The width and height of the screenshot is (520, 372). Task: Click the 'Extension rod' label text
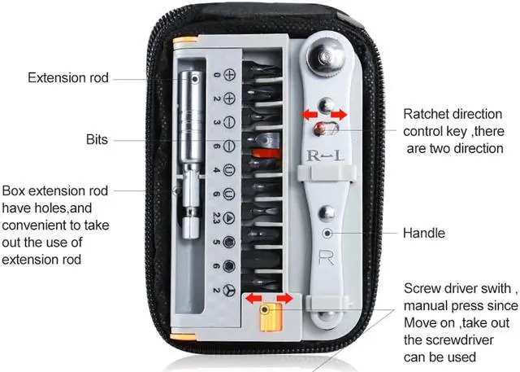pos(68,78)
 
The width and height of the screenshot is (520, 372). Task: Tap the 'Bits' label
pos(97,139)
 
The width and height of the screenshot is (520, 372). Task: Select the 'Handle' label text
pos(424,234)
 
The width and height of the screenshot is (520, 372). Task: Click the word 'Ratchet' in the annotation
pos(426,114)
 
